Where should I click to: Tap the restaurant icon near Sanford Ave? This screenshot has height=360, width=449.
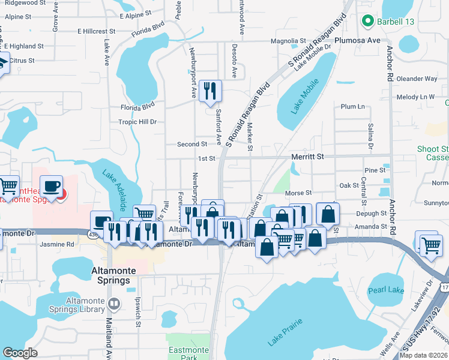[209, 91]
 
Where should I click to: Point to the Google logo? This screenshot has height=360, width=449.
[20, 353]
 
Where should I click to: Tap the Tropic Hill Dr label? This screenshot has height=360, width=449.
[137, 121]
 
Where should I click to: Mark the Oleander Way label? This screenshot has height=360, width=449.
[417, 79]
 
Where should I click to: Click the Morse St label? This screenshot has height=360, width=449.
[298, 193]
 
